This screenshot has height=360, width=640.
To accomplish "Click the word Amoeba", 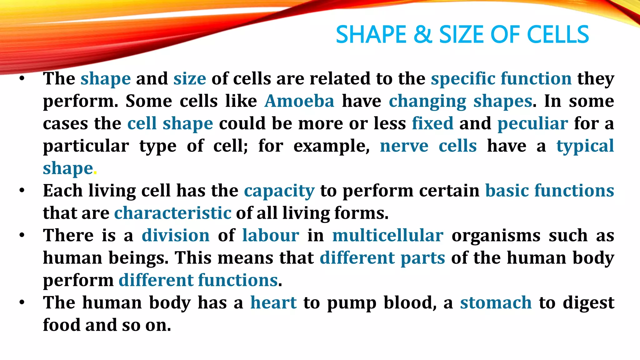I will click(299, 101).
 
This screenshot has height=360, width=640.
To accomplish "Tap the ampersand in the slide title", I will click(422, 34).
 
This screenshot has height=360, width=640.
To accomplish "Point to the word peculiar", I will click(532, 124).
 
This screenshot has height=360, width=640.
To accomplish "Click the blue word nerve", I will click(404, 146).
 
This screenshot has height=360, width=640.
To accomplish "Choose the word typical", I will click(585, 146).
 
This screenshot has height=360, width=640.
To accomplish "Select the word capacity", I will click(279, 191).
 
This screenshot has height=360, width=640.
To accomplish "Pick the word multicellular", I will click(387, 236).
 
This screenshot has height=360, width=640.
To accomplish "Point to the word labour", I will click(271, 236).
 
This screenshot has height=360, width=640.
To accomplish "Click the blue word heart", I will click(273, 303).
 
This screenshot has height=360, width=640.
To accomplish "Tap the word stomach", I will click(496, 303).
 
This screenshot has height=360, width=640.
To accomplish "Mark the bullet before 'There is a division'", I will click(22, 235).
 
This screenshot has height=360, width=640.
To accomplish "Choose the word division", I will click(176, 236).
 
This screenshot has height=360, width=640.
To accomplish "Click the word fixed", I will click(432, 124).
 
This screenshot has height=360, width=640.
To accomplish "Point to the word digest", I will click(588, 303).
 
